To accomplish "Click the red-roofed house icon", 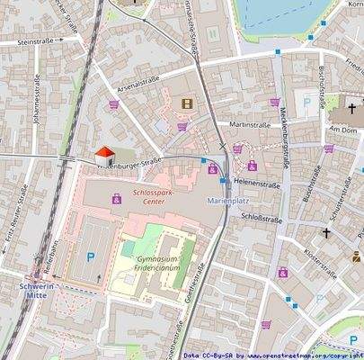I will click(x=104, y=156).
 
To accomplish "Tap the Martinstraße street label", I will click(x=249, y=124).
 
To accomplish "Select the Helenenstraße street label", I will click(x=257, y=182).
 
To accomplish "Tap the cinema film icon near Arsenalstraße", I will click(x=187, y=104).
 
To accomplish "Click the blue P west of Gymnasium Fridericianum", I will click(x=90, y=256).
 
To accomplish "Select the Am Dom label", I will click(x=343, y=129).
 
